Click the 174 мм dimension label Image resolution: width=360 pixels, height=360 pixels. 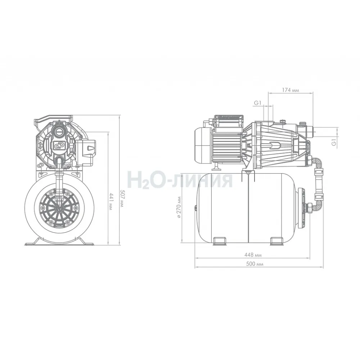291,90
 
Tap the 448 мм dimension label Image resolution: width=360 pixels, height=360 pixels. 253,255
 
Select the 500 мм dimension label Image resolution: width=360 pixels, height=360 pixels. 255,264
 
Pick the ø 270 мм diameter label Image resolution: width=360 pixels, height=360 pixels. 179,208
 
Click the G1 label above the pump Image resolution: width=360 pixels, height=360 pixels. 258,103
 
